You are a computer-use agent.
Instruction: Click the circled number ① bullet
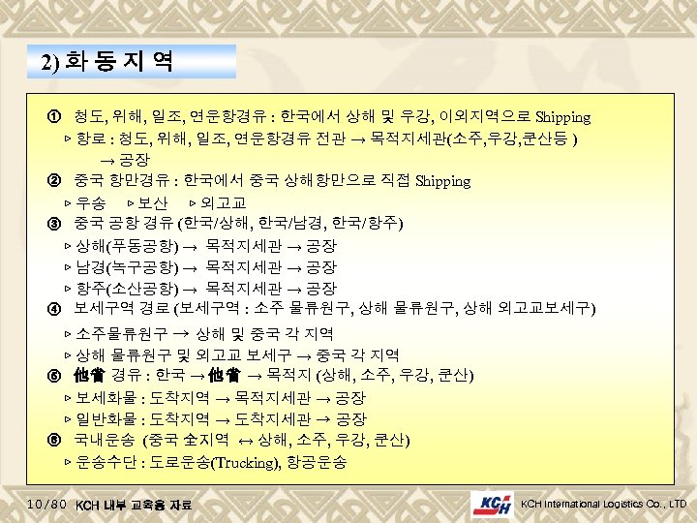[x=55, y=117]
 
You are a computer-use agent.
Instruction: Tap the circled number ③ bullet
[x=55, y=224]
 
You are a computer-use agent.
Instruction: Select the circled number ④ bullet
[x=55, y=309]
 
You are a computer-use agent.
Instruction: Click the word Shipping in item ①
[x=562, y=117]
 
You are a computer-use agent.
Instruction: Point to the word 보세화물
[x=106, y=398]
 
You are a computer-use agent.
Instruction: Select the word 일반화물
[x=106, y=419]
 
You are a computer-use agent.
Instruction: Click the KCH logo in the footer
[x=492, y=504]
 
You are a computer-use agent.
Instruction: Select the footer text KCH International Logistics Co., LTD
[x=603, y=504]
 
